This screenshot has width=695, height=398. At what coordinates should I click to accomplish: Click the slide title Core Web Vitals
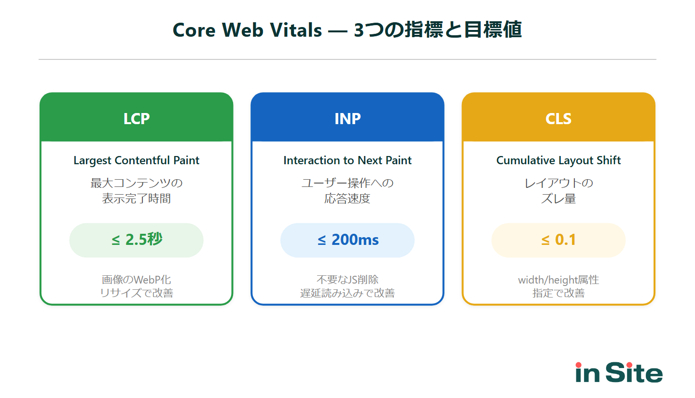tap(347, 30)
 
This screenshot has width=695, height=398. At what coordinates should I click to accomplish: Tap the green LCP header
tap(137, 118)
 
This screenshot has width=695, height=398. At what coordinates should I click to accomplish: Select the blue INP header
tap(347, 118)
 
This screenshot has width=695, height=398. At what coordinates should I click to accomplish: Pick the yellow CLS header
tap(558, 118)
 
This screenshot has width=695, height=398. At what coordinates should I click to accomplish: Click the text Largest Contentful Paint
tap(137, 160)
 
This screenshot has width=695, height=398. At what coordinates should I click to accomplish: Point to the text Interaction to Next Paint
tap(347, 160)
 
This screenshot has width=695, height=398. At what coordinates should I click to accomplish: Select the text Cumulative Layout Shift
tap(558, 160)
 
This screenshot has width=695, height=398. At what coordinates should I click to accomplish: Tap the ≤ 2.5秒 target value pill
tap(137, 240)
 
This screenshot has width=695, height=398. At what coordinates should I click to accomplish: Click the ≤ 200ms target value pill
tap(347, 240)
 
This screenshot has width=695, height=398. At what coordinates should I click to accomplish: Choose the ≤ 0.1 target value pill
tap(558, 240)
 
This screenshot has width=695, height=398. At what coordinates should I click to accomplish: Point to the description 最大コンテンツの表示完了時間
tap(137, 191)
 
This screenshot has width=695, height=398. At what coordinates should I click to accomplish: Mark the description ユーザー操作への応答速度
tap(347, 191)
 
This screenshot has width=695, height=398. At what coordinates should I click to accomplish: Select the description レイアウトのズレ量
tap(558, 191)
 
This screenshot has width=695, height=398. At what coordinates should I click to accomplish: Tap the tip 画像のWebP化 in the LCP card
tap(137, 280)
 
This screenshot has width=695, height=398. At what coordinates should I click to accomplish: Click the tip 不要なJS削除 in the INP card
tap(347, 280)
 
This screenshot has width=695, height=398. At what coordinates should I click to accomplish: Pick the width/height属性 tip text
tap(558, 280)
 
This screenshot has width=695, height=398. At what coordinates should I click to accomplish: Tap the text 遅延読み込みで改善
tap(347, 293)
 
